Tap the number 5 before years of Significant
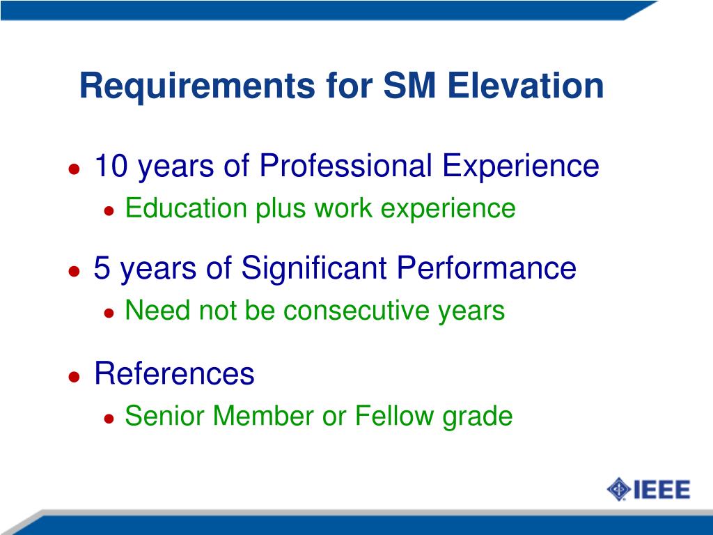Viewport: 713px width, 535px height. pos(102,268)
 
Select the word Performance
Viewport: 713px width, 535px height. pos(487,268)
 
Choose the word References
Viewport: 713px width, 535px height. pos(174,374)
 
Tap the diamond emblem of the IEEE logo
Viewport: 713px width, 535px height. pos(618,489)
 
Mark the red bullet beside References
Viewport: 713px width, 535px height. pos(74,376)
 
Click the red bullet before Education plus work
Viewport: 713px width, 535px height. pos(109,210)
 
